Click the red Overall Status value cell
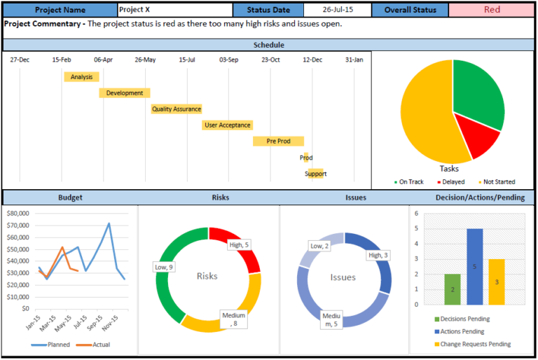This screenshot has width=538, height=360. pos(492,10)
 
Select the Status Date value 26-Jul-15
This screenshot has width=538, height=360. pos(337,10)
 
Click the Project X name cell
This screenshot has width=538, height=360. pos(174,10)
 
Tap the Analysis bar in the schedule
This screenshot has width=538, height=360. pos(81,76)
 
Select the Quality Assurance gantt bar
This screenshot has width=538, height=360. pos(177,109)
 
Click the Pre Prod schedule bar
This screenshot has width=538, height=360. pos(278,141)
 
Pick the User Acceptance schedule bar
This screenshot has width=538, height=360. pos(227,125)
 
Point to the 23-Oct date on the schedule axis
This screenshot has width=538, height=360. pos(270,60)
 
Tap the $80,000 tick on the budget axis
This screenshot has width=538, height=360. pos(17,213)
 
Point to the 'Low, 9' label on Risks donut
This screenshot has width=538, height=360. pos(164,267)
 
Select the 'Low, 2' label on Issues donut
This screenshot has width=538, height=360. pos(319,246)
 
